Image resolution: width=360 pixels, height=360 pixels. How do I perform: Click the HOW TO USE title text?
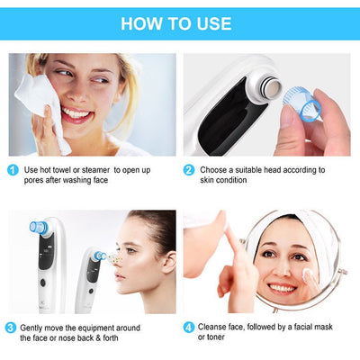[175, 23]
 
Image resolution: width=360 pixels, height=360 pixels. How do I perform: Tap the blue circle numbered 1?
[12, 169]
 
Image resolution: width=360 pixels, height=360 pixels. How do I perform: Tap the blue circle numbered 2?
[189, 169]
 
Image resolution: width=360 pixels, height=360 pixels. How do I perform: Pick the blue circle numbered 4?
[189, 327]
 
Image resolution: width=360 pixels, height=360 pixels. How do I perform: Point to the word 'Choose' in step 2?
[215, 169]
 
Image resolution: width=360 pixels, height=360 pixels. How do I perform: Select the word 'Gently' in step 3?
[34, 327]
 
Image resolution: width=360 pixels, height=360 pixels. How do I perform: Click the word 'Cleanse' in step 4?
[216, 327]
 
